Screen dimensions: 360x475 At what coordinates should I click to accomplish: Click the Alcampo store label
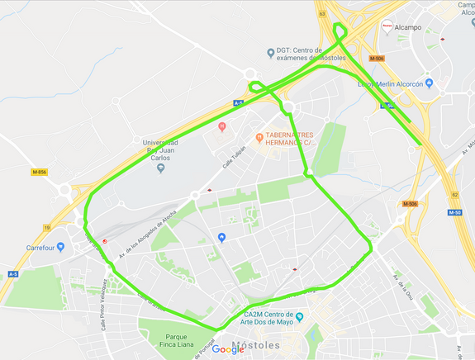click(409, 27)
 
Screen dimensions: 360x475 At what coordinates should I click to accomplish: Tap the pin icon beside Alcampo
click(387, 26)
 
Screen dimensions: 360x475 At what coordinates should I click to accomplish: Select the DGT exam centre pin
click(270, 53)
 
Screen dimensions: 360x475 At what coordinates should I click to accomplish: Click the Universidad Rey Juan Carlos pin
click(160, 168)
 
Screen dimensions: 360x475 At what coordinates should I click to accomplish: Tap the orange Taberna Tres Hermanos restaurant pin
click(259, 136)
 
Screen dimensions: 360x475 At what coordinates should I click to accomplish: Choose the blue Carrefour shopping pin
click(60, 246)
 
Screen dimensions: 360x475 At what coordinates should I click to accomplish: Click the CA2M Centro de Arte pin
click(300, 317)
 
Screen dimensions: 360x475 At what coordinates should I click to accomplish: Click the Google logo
click(228, 349)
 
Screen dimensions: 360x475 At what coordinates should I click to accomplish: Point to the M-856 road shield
click(40, 172)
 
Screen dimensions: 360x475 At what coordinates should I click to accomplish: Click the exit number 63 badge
click(321, 14)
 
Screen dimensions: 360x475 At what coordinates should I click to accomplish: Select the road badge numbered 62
click(454, 195)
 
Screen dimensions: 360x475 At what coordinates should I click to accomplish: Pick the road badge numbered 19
click(47, 226)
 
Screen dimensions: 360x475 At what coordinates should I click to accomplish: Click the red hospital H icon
click(221, 126)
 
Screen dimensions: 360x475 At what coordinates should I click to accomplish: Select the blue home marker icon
click(221, 238)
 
